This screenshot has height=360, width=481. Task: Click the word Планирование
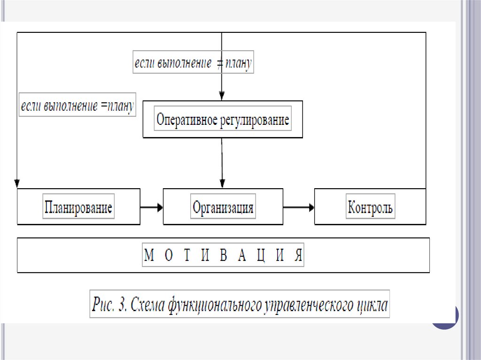pos(78,207)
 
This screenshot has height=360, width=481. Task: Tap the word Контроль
pos(370,207)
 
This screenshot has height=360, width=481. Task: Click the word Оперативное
pos(186,120)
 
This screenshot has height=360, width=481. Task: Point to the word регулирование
pos(254,120)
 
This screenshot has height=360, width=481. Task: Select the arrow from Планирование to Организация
pos(151,207)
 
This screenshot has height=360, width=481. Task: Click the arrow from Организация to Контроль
pos(299,207)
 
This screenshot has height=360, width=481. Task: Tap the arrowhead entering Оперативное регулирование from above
pos(222,96)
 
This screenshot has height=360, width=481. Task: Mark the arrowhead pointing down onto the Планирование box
pos(17,183)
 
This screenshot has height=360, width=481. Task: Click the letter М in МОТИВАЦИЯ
pos(149,256)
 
